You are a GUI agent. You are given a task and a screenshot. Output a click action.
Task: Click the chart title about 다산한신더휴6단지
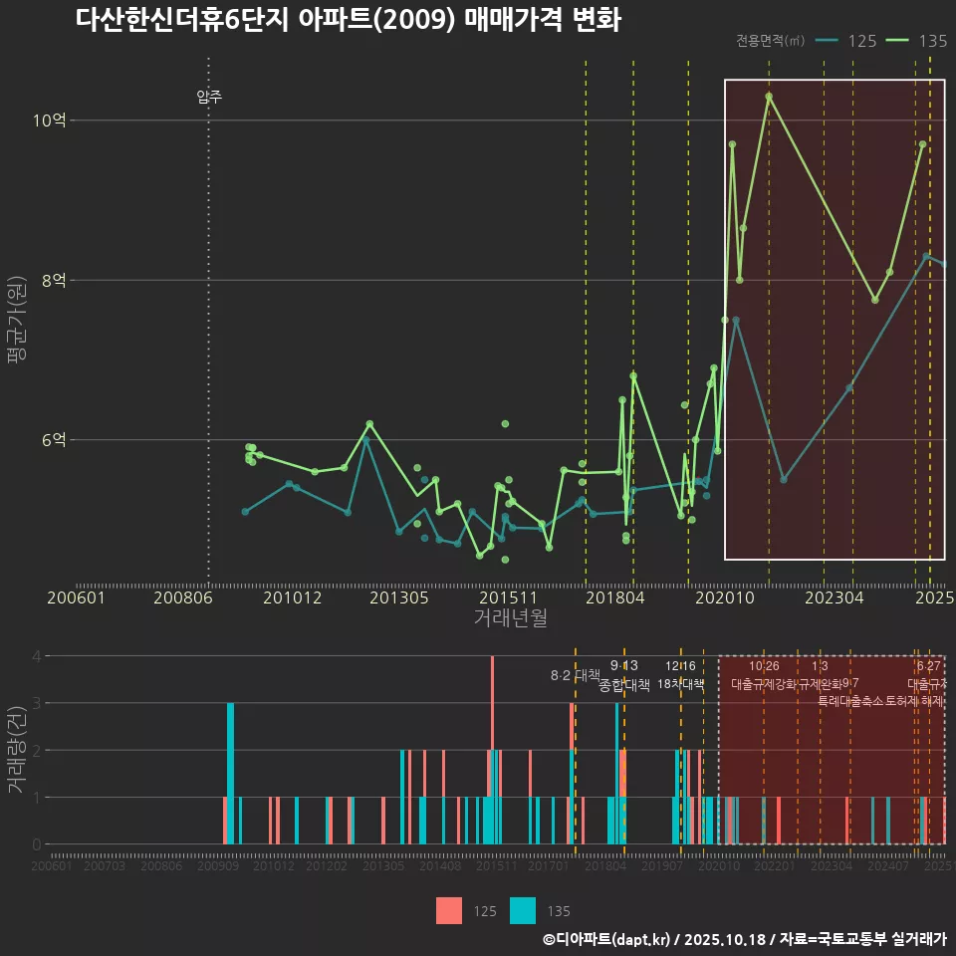click(x=348, y=20)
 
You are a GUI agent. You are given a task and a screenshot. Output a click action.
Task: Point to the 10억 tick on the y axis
click(x=49, y=120)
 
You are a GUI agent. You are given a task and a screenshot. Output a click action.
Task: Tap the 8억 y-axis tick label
click(x=54, y=280)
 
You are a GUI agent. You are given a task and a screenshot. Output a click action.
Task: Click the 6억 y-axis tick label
click(x=54, y=439)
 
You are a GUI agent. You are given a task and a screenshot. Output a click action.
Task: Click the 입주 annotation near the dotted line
click(x=209, y=97)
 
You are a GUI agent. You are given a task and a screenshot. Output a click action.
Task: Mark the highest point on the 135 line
click(x=769, y=97)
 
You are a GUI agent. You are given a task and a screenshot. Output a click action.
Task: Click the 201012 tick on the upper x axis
click(x=292, y=597)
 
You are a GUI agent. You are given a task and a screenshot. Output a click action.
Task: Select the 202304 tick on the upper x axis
click(x=834, y=597)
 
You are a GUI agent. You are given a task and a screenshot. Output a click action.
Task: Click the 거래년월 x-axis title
click(x=510, y=618)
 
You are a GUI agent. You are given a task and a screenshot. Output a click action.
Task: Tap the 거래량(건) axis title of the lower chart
click(x=16, y=750)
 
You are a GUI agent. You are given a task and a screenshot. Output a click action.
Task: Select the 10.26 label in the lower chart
click(x=764, y=666)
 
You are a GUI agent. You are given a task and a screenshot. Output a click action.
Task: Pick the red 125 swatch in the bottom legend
click(x=448, y=911)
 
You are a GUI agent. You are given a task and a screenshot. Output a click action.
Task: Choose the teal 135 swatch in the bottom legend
click(x=523, y=911)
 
